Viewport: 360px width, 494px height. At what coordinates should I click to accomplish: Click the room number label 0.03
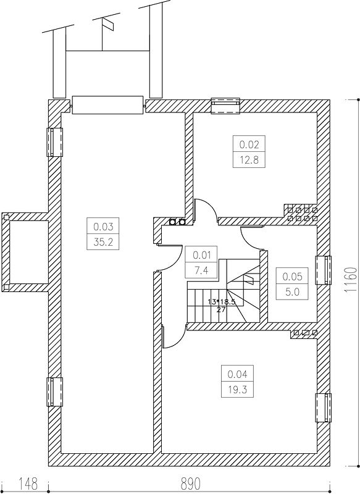[103, 226]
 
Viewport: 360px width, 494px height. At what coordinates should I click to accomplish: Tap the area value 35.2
[103, 242]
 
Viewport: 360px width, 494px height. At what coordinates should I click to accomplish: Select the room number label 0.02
[249, 144]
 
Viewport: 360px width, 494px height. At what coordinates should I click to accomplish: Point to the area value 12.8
[249, 160]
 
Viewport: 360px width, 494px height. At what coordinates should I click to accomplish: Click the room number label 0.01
[201, 255]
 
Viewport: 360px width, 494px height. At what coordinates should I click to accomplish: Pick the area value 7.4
[201, 270]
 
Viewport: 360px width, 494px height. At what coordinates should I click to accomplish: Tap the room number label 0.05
[292, 276]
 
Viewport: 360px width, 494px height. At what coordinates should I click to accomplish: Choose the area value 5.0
[292, 291]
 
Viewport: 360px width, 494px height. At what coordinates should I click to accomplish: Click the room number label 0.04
[237, 374]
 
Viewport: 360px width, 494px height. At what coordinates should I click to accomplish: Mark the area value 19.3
[237, 390]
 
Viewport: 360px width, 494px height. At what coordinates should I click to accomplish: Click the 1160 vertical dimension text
[351, 280]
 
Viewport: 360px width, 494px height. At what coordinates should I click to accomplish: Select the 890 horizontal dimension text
[191, 484]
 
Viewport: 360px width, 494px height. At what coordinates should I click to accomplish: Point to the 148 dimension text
[28, 484]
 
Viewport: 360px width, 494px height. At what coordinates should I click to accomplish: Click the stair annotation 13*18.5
[222, 301]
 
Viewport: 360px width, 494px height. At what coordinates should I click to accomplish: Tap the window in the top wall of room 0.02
[225, 105]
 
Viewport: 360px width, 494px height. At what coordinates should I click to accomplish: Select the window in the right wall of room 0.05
[324, 270]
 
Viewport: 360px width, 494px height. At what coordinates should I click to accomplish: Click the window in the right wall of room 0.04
[324, 408]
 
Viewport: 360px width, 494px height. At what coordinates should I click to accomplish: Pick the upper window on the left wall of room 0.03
[55, 142]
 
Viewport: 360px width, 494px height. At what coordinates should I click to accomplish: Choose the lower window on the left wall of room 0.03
[55, 392]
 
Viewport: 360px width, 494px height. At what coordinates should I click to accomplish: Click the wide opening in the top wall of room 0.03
[107, 105]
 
